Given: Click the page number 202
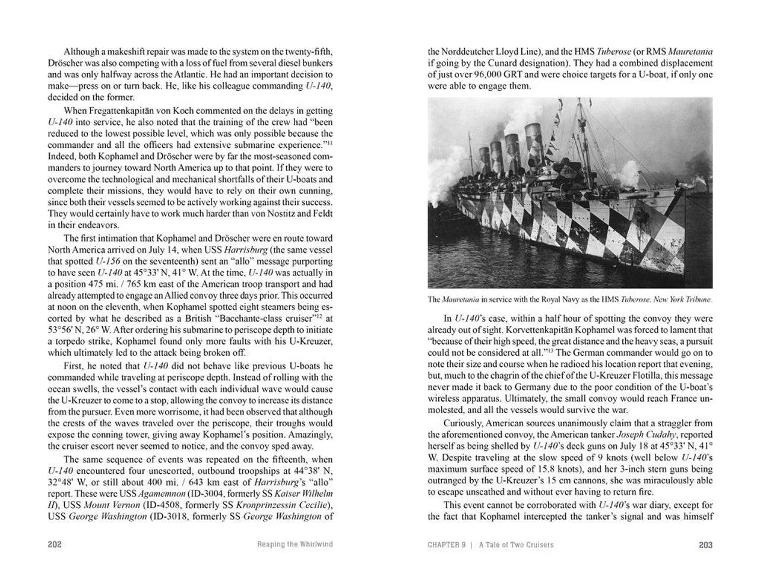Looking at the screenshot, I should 55,544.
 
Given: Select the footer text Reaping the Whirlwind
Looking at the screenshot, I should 290,544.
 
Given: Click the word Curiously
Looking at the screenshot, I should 465,423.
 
